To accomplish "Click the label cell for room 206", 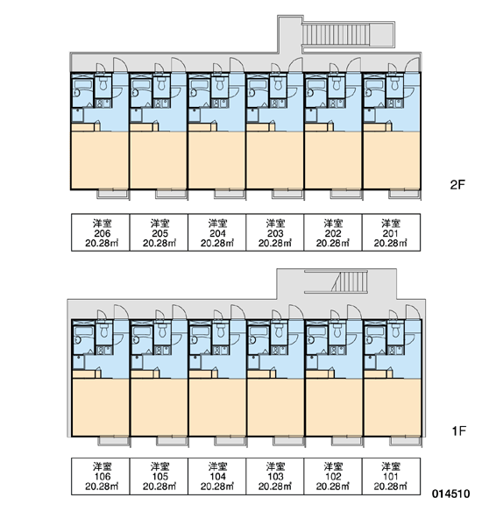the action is tap(100, 232).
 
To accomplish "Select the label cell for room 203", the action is tap(275, 232).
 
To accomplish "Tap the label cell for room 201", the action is tap(391, 232).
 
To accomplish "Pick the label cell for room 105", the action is tap(159, 476).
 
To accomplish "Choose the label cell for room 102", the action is tap(333, 476).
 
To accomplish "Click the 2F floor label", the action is tap(457, 185).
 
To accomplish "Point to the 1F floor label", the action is tap(458, 430).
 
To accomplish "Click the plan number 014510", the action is tap(450, 494).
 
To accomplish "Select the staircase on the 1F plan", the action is tap(350, 281).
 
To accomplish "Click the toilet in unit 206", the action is tap(103, 84).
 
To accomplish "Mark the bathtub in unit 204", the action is tap(198, 84).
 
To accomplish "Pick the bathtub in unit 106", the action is tap(82, 331).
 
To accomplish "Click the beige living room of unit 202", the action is tap(333, 160).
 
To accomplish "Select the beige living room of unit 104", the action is tap(217, 408).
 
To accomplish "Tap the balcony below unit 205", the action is tap(171, 195).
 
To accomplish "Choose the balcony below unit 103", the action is tap(288, 441).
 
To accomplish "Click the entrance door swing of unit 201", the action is tap(413, 64).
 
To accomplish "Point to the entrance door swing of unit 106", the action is tap(121, 312).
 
